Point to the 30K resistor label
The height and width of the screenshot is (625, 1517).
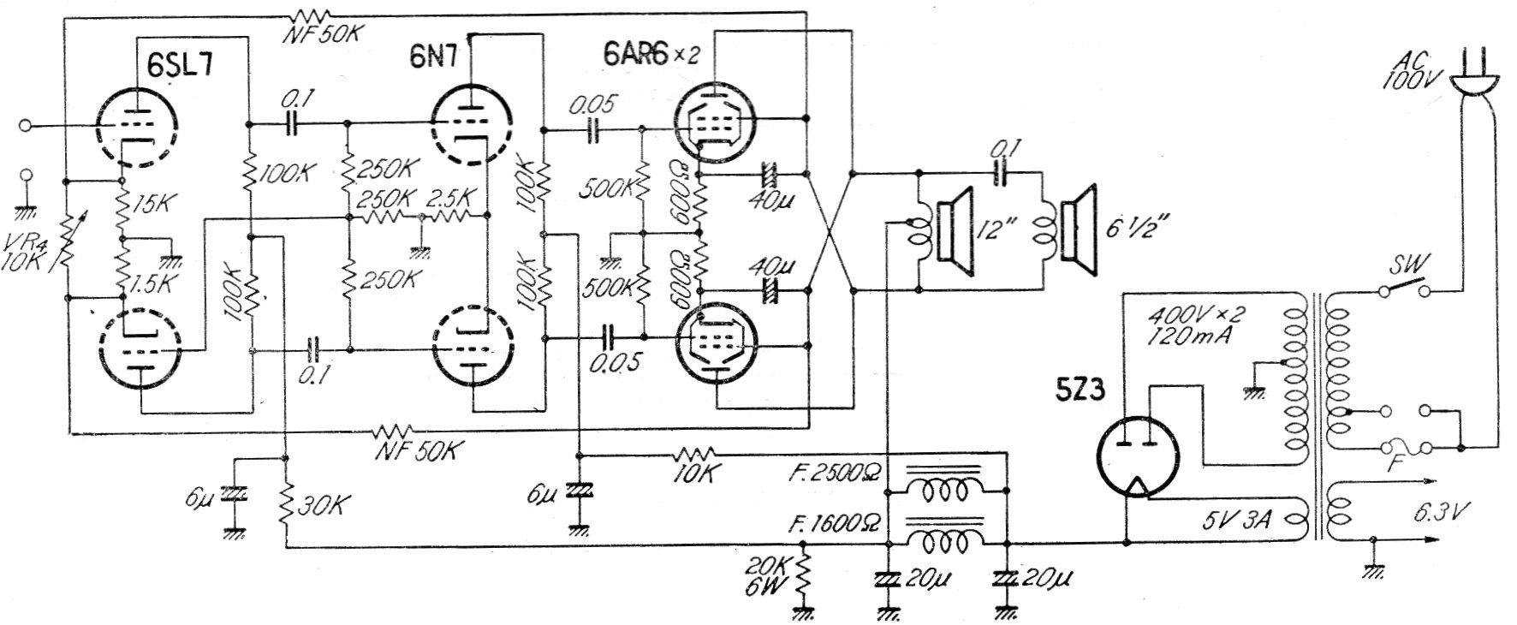[319, 508]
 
